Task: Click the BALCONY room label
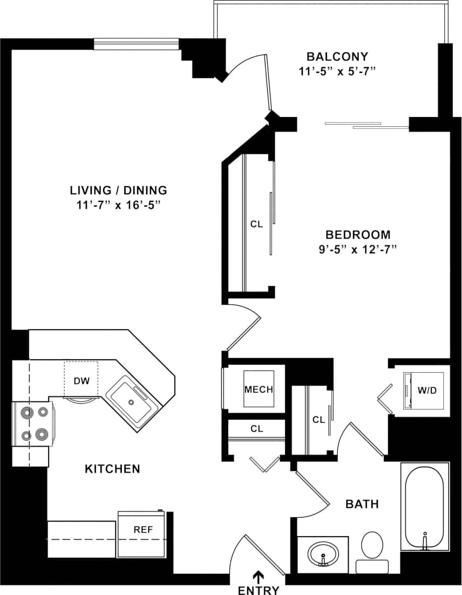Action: (337, 57)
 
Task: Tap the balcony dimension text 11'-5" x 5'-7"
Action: (337, 71)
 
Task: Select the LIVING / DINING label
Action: (118, 190)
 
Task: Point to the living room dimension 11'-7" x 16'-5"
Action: (118, 205)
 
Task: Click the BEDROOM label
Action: (358, 235)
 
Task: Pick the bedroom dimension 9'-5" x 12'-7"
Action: (358, 249)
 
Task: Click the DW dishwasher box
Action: (81, 380)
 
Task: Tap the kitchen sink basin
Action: (130, 400)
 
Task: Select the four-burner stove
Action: (33, 424)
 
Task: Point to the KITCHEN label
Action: (112, 469)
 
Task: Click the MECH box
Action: (259, 389)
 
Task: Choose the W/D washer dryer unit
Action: (426, 390)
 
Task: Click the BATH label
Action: (362, 504)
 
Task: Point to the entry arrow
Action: (259, 577)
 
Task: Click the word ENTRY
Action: (259, 590)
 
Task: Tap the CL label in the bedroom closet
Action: (256, 224)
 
